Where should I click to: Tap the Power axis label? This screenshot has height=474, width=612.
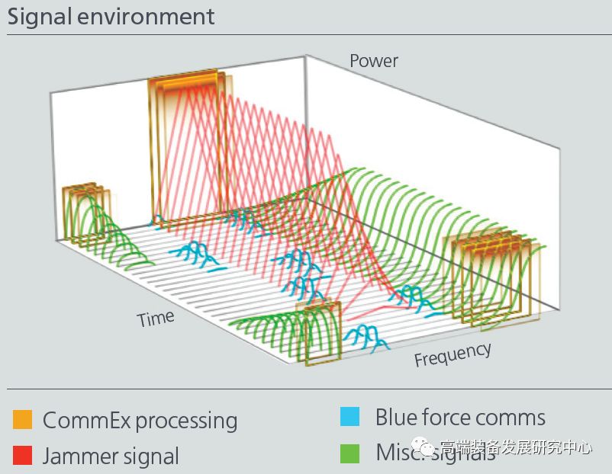[x=374, y=60]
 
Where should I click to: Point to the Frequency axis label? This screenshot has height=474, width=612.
[x=453, y=354]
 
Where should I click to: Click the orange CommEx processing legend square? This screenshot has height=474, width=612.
[x=23, y=420]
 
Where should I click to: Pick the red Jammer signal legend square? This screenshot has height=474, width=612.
[x=23, y=456]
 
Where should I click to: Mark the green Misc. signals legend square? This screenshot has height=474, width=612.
[x=349, y=453]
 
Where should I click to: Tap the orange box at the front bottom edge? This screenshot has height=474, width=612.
[x=320, y=333]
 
